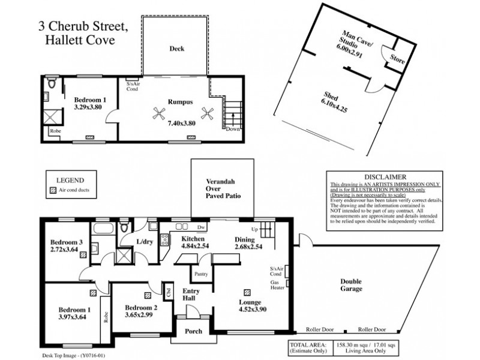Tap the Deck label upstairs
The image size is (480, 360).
[176, 49]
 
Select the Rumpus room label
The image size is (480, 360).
[179, 101]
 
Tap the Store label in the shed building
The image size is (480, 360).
[398, 59]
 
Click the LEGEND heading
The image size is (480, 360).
[70, 179]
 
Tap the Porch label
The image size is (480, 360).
[193, 331]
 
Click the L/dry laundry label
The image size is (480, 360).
[145, 242]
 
